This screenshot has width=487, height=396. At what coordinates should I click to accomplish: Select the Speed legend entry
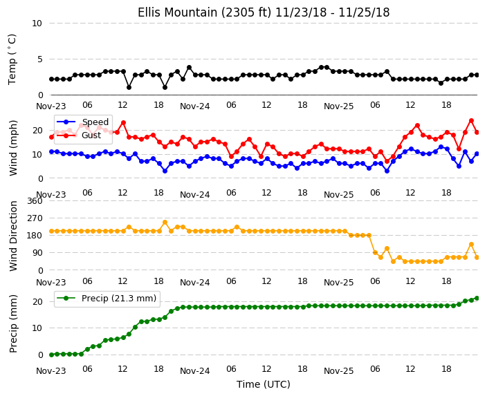pyautogui.click(x=82, y=122)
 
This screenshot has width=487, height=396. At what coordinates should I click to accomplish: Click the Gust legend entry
pyautogui.click(x=79, y=135)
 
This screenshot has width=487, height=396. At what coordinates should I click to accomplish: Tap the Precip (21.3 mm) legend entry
pyautogui.click(x=107, y=299)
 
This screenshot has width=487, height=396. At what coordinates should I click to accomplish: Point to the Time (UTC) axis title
pyautogui.click(x=264, y=384)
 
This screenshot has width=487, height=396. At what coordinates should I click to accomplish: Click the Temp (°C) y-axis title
pyautogui.click(x=12, y=59)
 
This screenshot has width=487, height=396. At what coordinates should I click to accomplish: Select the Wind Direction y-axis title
pyautogui.click(x=13, y=236)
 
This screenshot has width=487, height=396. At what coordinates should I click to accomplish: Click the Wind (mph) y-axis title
pyautogui.click(x=13, y=148)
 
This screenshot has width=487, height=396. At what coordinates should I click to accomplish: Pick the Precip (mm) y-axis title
pyautogui.click(x=13, y=323)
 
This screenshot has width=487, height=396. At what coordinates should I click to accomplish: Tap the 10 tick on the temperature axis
pyautogui.click(x=37, y=23)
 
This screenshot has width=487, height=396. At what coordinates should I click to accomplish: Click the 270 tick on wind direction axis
pyautogui.click(x=35, y=218)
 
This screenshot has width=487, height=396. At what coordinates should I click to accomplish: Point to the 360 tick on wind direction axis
pyautogui.click(x=35, y=201)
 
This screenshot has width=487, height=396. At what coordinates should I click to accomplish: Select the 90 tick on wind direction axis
pyautogui.click(x=37, y=253)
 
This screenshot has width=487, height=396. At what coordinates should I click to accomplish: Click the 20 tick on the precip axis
pyautogui.click(x=37, y=301)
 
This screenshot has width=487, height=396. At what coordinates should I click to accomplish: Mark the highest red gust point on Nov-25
pyautogui.click(x=472, y=121)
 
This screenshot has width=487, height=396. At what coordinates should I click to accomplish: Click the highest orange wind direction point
pyautogui.click(x=165, y=223)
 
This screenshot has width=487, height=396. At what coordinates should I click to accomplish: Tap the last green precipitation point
pyautogui.click(x=477, y=299)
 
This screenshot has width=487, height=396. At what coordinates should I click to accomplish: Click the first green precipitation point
pyautogui.click(x=52, y=355)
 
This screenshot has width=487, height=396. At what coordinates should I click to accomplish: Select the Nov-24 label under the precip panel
pyautogui.click(x=195, y=371)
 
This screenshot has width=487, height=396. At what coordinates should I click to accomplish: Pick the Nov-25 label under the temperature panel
pyautogui.click(x=338, y=106)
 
